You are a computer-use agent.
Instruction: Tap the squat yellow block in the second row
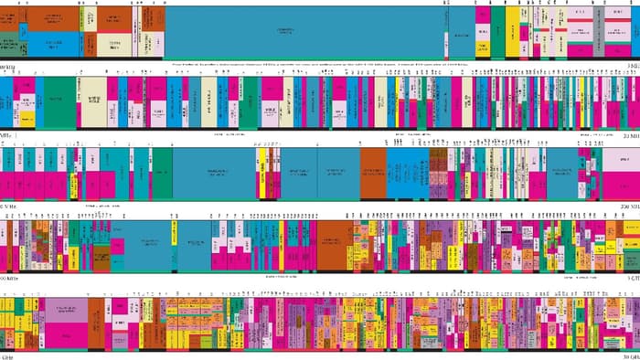pos(27,118)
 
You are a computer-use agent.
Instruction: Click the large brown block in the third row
pos(373,172)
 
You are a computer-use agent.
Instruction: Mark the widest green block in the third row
pos(162,171)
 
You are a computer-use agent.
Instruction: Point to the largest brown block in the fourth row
pos(333,244)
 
